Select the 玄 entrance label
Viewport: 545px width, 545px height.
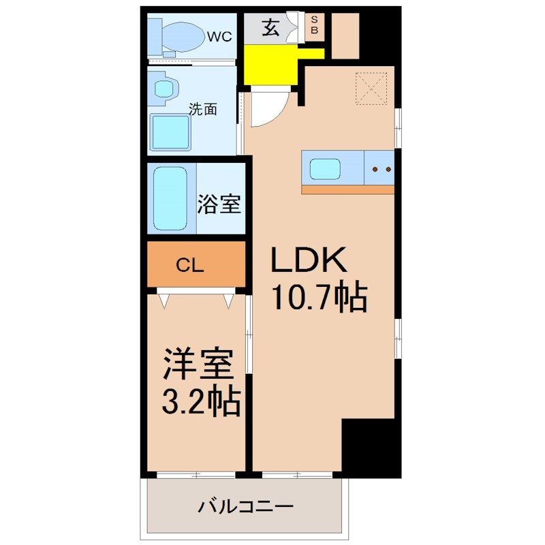click(x=270, y=29)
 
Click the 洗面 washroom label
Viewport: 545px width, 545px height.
click(x=203, y=108)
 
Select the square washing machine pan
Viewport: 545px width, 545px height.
click(x=170, y=131)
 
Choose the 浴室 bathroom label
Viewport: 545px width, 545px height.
click(x=219, y=204)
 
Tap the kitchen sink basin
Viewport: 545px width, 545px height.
click(x=325, y=168)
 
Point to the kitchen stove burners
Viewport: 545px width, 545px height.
click(x=379, y=168)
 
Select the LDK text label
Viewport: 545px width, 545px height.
click(x=310, y=260)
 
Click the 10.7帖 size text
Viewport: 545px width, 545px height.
click(x=320, y=297)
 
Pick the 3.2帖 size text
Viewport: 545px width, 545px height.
click(x=200, y=403)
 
